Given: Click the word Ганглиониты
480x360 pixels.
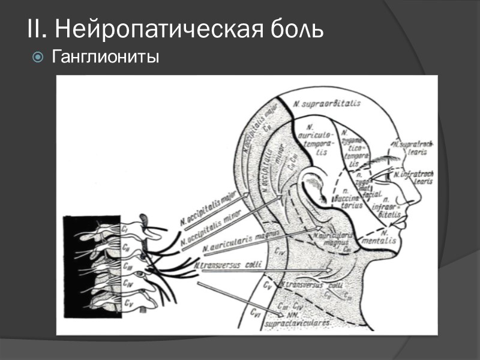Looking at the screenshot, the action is pos(106,58).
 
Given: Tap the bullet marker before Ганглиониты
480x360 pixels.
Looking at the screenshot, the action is pos(38,58).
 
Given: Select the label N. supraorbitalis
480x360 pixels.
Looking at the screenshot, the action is pos(327,104).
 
